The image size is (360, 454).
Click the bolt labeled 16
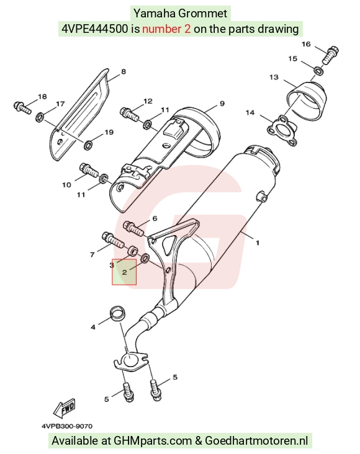pyautogui.click(x=330, y=55)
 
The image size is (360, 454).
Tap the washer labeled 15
pyautogui.click(x=318, y=70)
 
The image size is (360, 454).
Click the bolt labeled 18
pyautogui.click(x=22, y=107)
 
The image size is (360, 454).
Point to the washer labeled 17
pyautogui.click(x=40, y=118)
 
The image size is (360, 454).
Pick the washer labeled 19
pyautogui.click(x=88, y=145)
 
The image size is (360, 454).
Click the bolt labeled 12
pyautogui.click(x=129, y=113)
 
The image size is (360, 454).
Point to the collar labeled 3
pyautogui.click(x=132, y=251)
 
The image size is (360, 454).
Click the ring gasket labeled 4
pyautogui.click(x=118, y=314)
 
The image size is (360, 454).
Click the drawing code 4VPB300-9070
pyautogui.click(x=67, y=426)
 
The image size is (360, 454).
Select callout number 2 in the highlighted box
pyautogui.click(x=125, y=272)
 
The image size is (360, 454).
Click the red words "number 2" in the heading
pyautogui.click(x=166, y=29)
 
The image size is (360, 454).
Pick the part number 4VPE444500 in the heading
pyautogui.click(x=95, y=29)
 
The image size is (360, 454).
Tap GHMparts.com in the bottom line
pyautogui.click(x=152, y=441)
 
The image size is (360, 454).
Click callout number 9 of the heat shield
pyautogui.click(x=222, y=104)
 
